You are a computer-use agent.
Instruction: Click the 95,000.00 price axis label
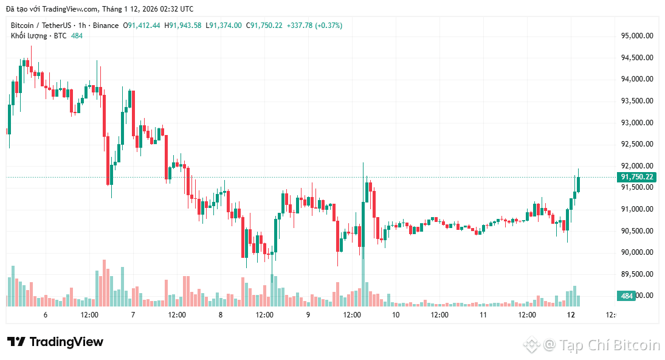pyautogui.click(x=637, y=36)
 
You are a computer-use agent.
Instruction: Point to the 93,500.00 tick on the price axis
pyautogui.click(x=637, y=101)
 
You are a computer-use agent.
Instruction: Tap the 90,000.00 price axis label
pyautogui.click(x=637, y=252)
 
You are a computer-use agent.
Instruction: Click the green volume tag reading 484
pyautogui.click(x=627, y=296)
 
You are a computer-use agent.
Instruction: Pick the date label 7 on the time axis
pyautogui.click(x=133, y=315)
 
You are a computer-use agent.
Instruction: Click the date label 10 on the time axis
pyautogui.click(x=396, y=315)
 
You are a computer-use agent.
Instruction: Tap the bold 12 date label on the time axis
pyautogui.click(x=571, y=315)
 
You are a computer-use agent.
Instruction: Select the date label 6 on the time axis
pyautogui.click(x=46, y=315)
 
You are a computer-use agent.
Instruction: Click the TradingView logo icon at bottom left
pyautogui.click(x=16, y=342)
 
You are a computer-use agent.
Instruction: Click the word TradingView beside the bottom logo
pyautogui.click(x=66, y=342)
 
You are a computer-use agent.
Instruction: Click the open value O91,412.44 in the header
pyautogui.click(x=142, y=26)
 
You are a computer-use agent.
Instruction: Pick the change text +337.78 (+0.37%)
pyautogui.click(x=314, y=26)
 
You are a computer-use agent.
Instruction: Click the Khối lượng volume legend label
pyautogui.click(x=29, y=36)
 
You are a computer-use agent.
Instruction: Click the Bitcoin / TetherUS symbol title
pyautogui.click(x=40, y=26)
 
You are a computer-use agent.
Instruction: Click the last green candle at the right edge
pyautogui.click(x=578, y=184)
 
